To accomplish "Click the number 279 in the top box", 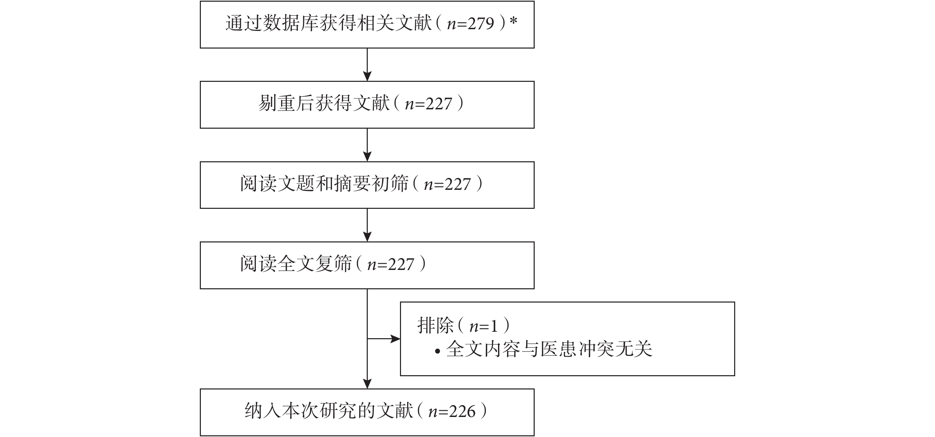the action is click(x=481, y=24).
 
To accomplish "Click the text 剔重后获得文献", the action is click(x=324, y=104).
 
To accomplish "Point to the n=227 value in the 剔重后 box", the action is click(x=428, y=104).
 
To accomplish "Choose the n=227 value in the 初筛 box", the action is click(x=447, y=184).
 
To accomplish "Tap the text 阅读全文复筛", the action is click(x=296, y=264).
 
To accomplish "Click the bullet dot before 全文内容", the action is click(x=437, y=351).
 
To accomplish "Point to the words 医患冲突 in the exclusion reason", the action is click(x=577, y=349).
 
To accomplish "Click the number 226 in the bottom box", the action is click(x=462, y=412).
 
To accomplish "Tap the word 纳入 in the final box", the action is click(x=263, y=411).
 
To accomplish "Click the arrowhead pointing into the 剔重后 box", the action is click(x=367, y=76).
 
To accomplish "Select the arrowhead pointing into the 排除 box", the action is click(x=395, y=339).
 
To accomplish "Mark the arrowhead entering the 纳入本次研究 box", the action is click(x=367, y=384).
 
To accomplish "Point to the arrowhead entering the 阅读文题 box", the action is click(x=367, y=157).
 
